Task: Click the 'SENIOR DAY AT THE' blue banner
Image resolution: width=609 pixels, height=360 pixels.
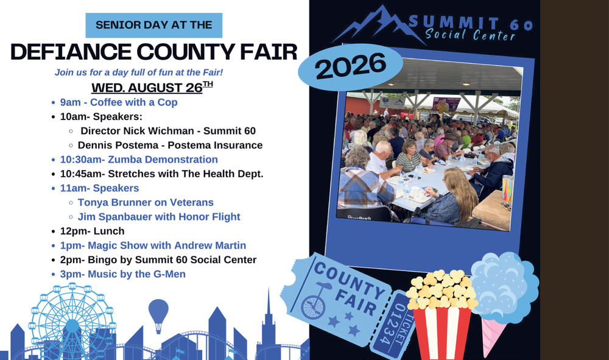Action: (x=154, y=25)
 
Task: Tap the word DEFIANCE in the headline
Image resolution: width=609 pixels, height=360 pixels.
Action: (x=71, y=52)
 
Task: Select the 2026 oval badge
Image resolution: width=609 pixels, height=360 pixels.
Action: (x=350, y=67)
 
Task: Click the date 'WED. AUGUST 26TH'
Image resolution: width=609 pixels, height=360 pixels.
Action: (x=152, y=87)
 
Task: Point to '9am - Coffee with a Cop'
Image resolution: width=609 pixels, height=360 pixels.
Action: (x=119, y=102)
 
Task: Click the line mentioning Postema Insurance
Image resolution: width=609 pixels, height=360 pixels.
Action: (x=170, y=145)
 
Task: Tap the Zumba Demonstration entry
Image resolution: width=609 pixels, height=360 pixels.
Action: (x=139, y=160)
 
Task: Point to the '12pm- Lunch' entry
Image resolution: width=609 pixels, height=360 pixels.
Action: (x=92, y=231)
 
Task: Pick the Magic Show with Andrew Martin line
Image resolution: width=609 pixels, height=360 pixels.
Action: (x=153, y=245)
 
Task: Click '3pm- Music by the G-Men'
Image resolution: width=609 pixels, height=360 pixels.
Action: (x=123, y=274)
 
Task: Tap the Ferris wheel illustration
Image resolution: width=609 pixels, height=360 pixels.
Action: (x=72, y=323)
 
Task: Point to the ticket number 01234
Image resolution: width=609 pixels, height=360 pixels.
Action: (x=390, y=323)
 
